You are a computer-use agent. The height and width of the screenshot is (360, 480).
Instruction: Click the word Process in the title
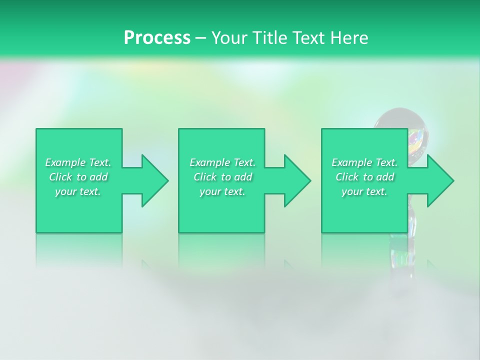tap(157, 38)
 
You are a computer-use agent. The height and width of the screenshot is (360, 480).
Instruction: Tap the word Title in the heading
tap(270, 38)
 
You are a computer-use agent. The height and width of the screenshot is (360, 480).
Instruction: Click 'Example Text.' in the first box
tap(78, 162)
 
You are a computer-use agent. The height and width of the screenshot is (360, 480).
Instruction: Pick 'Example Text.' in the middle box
tap(222, 162)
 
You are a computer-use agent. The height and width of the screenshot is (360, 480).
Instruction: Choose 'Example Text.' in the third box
tap(364, 162)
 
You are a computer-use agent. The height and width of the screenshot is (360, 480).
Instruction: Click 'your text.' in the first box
tap(78, 191)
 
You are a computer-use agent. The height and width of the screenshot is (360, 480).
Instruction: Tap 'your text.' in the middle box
tap(222, 191)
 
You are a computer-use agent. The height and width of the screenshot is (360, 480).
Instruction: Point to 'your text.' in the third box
tap(364, 191)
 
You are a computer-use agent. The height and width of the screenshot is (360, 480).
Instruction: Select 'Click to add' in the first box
tap(78, 177)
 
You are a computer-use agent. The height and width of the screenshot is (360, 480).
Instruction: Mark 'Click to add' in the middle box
tap(222, 177)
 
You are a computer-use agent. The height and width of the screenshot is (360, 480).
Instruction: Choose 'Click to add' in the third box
tap(364, 177)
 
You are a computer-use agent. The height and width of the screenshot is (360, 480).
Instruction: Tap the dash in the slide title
tap(200, 38)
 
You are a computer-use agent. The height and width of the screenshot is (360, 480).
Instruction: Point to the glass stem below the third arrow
tap(412, 220)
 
